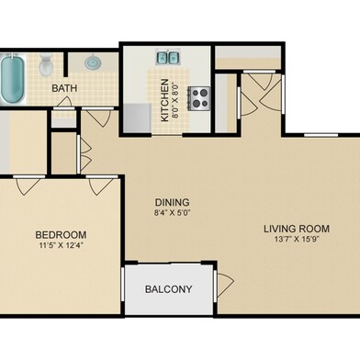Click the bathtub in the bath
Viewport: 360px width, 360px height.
click(x=13, y=79)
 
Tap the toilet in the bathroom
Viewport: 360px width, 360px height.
click(x=46, y=65)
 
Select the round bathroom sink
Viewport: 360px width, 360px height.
click(x=92, y=62)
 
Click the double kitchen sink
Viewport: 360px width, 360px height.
click(x=168, y=57)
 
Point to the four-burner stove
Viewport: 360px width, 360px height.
click(x=199, y=98)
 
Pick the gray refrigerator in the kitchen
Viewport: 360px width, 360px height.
click(x=137, y=118)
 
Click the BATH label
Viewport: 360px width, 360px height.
click(x=64, y=88)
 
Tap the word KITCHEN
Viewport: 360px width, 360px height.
click(x=164, y=100)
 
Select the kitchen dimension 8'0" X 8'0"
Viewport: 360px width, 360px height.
click(x=175, y=100)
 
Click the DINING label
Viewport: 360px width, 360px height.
click(x=173, y=202)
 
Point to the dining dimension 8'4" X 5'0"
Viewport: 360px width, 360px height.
click(x=173, y=213)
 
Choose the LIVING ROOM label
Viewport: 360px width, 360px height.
click(x=297, y=229)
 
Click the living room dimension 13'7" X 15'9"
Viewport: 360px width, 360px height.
click(x=297, y=240)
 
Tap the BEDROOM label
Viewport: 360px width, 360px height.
click(x=61, y=235)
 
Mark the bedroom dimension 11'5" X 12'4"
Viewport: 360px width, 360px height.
click(x=62, y=245)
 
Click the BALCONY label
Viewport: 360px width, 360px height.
click(x=169, y=289)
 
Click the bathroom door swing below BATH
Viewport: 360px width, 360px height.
click(x=65, y=102)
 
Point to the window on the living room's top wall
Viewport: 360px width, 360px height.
click(x=321, y=135)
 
